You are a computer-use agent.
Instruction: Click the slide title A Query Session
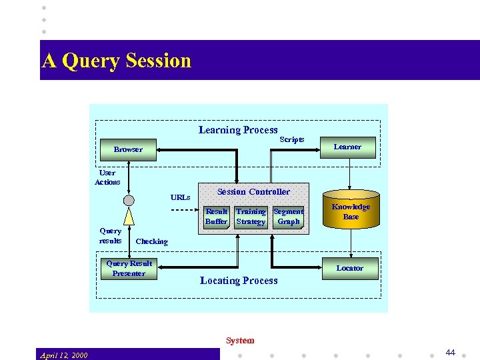[117, 61]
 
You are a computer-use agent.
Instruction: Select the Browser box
[128, 149]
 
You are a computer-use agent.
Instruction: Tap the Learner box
[347, 147]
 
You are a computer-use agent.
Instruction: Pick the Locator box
[349, 268]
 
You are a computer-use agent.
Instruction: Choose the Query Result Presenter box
[129, 268]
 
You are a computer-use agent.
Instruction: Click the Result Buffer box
[217, 217]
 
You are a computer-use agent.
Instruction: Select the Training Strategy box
[251, 217]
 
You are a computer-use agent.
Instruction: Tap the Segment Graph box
[288, 217]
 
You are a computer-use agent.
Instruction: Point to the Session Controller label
[253, 192]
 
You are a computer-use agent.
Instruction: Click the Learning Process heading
[238, 130]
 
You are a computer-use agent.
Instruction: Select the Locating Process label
[239, 281]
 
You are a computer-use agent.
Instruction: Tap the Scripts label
[291, 139]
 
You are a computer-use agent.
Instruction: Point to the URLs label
[180, 197]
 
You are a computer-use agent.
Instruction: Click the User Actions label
[107, 177]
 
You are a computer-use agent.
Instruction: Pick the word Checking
[152, 241]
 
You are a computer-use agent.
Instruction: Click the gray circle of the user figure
[129, 200]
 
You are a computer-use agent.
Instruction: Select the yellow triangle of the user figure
[129, 217]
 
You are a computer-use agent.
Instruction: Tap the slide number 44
[450, 353]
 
